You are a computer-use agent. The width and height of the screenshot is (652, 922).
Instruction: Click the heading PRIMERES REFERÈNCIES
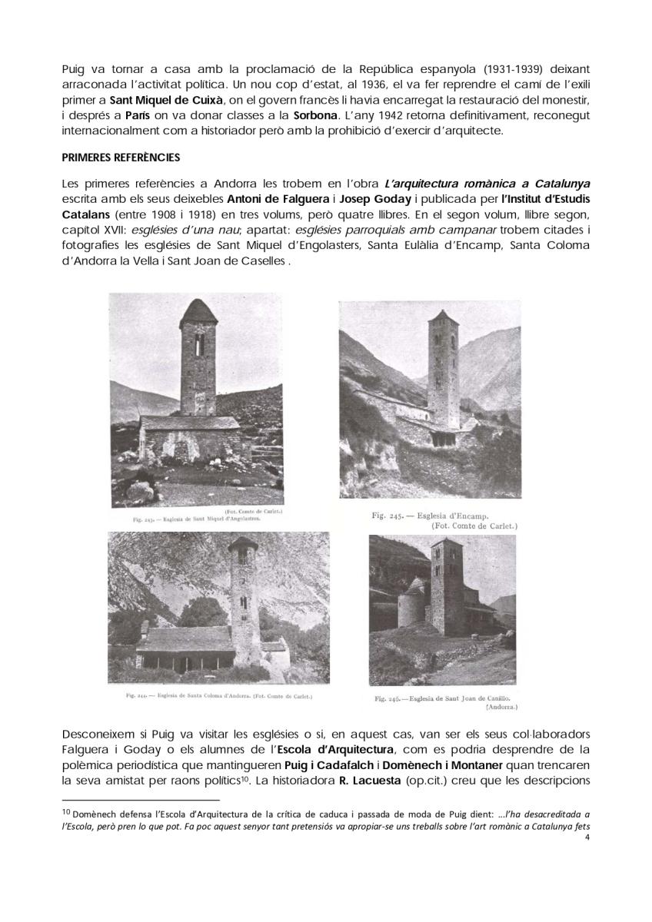(121, 158)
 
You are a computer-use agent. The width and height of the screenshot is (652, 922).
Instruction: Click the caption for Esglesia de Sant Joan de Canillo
(444, 699)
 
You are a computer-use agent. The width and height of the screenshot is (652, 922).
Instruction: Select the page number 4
(587, 850)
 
